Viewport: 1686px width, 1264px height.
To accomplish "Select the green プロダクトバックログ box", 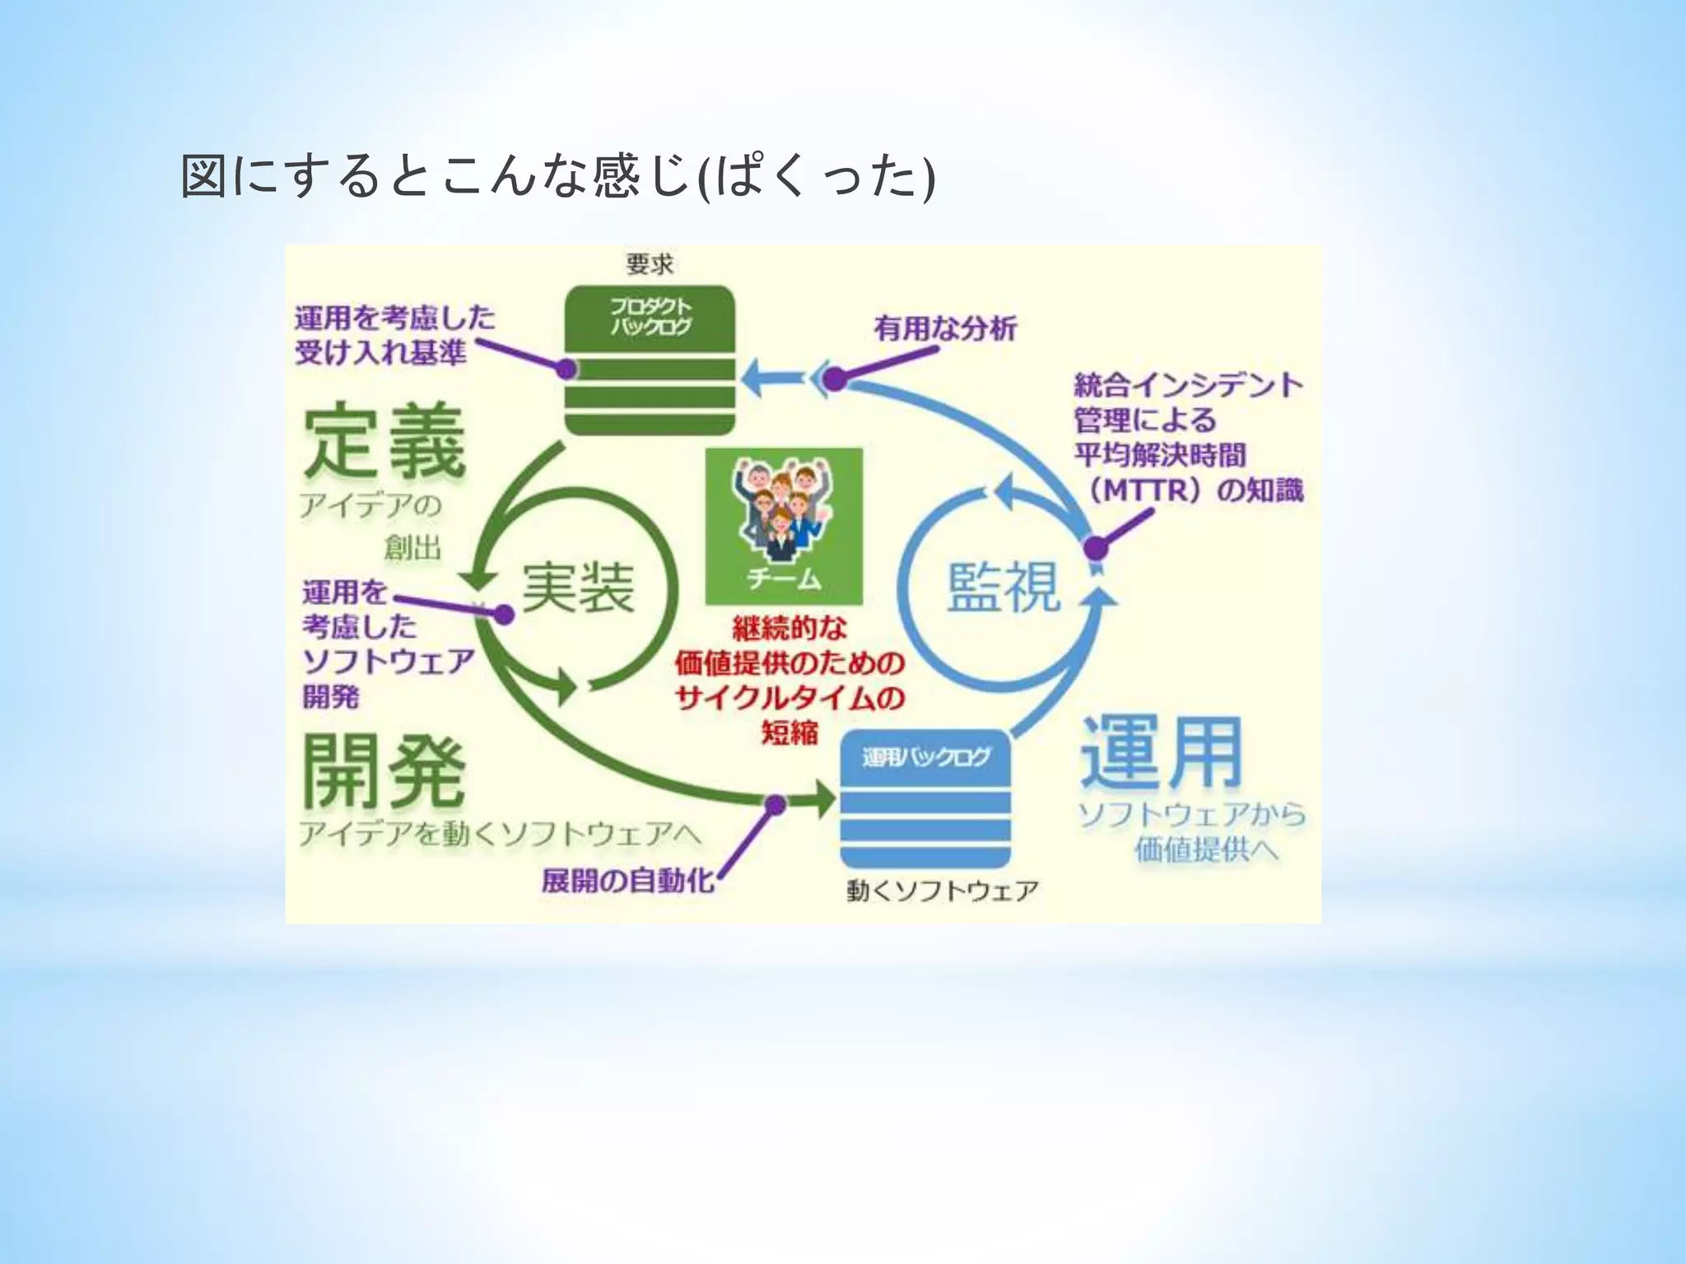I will (x=650, y=360).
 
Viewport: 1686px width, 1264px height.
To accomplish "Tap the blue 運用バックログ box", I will (x=925, y=797).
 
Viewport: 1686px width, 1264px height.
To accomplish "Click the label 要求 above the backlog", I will (x=650, y=264).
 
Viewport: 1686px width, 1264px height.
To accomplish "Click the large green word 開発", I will (x=384, y=771).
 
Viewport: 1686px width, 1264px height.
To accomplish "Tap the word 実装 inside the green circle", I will (x=578, y=588).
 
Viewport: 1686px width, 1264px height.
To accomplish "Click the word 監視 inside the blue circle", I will (x=1004, y=586).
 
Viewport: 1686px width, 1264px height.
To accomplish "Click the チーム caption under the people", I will (x=783, y=579).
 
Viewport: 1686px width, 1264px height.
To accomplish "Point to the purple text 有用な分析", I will (x=945, y=328).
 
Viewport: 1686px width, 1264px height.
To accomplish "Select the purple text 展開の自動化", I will (x=628, y=881).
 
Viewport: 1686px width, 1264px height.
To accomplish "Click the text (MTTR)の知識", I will (x=1194, y=490).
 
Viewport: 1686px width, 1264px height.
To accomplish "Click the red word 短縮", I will (x=789, y=732).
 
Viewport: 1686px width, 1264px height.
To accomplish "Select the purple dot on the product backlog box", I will (x=566, y=369).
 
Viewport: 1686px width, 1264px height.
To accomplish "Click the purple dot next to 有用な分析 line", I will (x=835, y=379).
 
